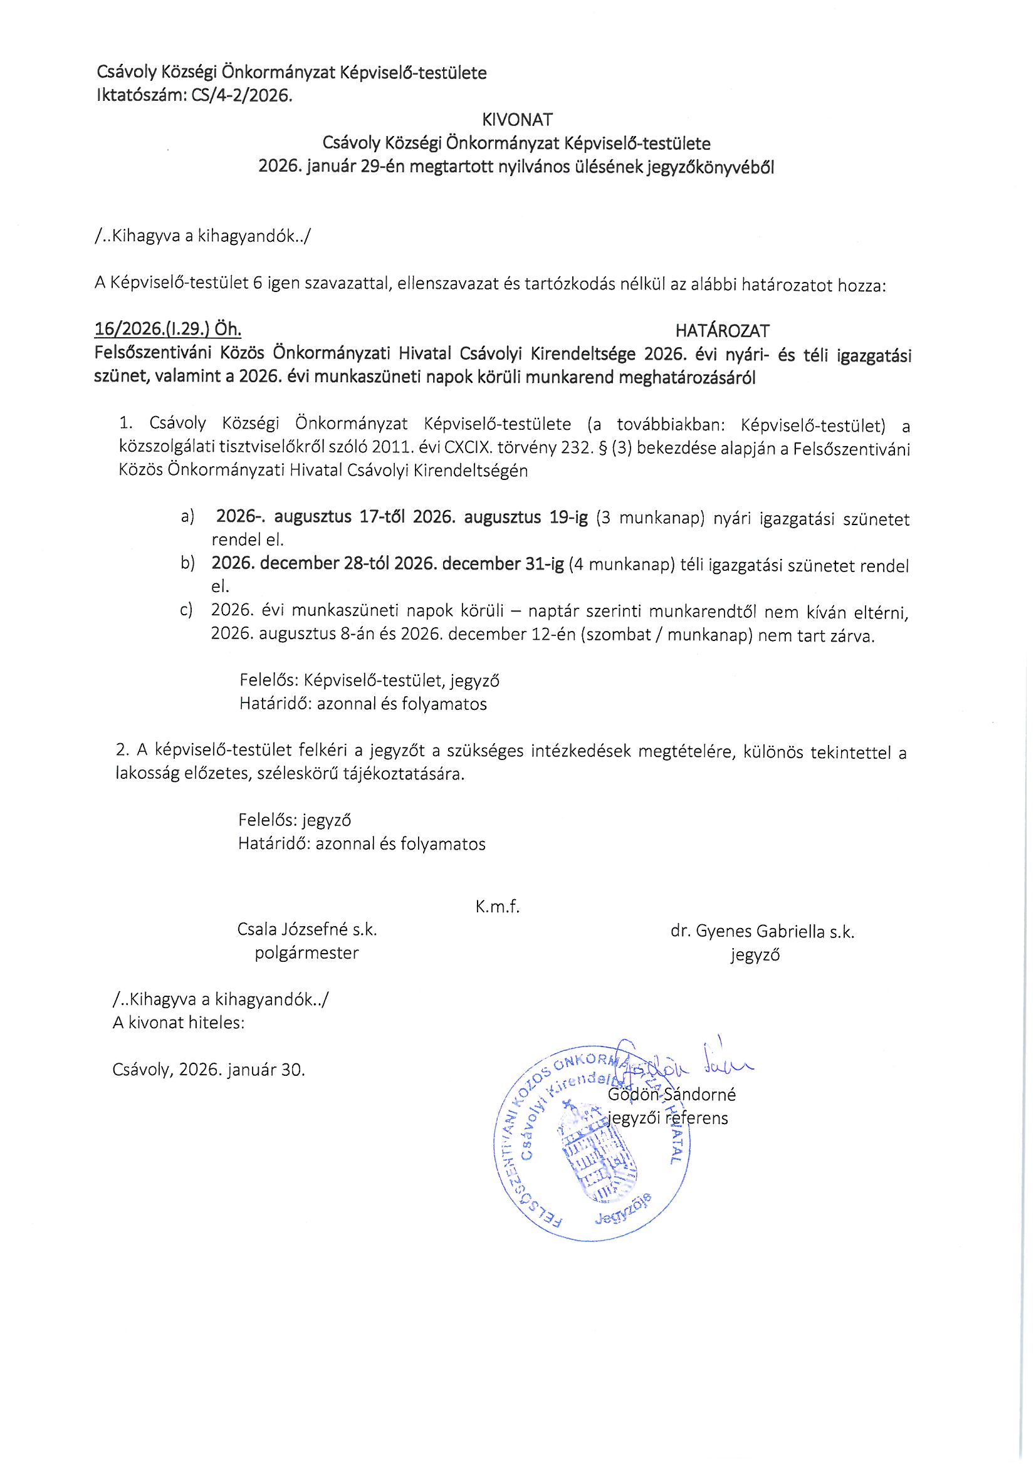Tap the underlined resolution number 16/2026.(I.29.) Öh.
(168, 329)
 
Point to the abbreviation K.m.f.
(497, 907)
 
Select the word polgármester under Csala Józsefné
(306, 952)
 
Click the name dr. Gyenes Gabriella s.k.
(762, 932)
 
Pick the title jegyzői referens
(667, 1118)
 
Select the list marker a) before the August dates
(187, 517)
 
